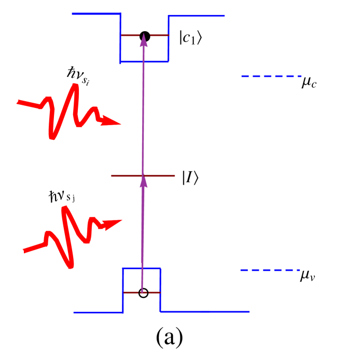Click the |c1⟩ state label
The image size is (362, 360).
click(191, 37)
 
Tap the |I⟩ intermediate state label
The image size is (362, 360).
click(190, 177)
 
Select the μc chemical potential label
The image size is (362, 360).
click(310, 81)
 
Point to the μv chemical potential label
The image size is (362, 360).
click(308, 275)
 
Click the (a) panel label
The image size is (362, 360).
click(170, 337)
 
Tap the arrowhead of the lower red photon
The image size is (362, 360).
click(113, 224)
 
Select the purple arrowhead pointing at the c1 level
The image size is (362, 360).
click(143, 41)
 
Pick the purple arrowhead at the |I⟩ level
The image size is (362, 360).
click(144, 181)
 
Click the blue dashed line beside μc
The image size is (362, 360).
click(270, 76)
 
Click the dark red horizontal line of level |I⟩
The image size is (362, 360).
click(124, 176)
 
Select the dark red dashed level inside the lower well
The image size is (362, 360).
click(132, 293)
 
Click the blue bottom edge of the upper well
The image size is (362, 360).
click(144, 62)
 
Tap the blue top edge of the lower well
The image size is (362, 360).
click(142, 268)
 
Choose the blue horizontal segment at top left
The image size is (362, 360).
click(96, 14)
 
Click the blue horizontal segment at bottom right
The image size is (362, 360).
click(205, 312)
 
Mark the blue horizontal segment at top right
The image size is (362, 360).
click(197, 16)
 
